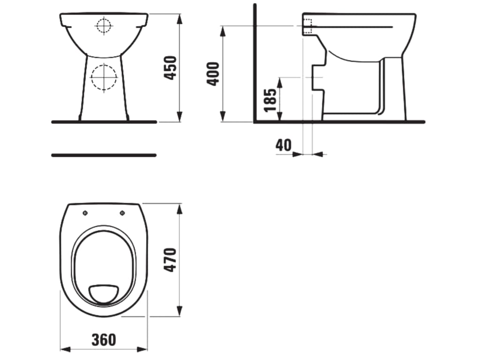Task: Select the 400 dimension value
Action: click(x=213, y=74)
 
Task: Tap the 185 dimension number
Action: click(x=270, y=100)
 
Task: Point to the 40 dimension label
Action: click(x=284, y=145)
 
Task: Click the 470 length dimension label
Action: click(x=171, y=260)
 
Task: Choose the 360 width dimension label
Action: click(x=104, y=339)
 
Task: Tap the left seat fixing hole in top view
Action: click(x=85, y=213)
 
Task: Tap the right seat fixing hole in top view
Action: click(x=122, y=213)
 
